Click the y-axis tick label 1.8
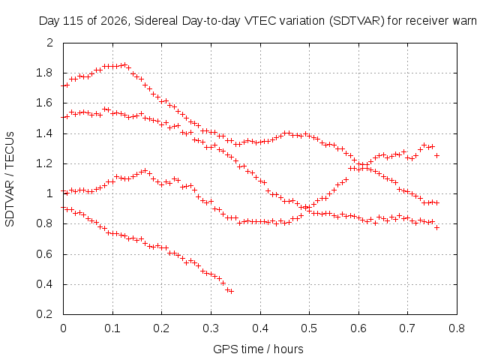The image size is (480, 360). click(x=45, y=73)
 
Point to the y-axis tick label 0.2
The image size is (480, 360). click(x=45, y=314)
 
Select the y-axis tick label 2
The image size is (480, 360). click(x=50, y=43)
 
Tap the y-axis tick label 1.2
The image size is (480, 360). click(x=45, y=163)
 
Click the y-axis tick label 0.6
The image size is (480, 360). click(x=45, y=254)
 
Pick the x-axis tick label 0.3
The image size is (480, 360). click(x=211, y=328)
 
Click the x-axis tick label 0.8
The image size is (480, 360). click(x=457, y=328)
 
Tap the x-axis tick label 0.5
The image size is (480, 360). click(x=309, y=328)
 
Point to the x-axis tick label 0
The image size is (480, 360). click(x=63, y=328)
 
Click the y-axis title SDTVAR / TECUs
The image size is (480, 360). click(x=10, y=179)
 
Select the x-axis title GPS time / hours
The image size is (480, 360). click(x=258, y=349)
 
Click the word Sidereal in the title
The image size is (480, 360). click(x=156, y=21)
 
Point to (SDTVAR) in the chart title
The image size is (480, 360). click(x=357, y=22)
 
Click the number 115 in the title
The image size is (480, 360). click(x=73, y=22)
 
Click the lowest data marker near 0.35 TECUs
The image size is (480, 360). click(x=232, y=292)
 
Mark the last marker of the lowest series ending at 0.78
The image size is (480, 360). click(x=436, y=227)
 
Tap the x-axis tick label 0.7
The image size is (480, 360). click(x=407, y=328)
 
